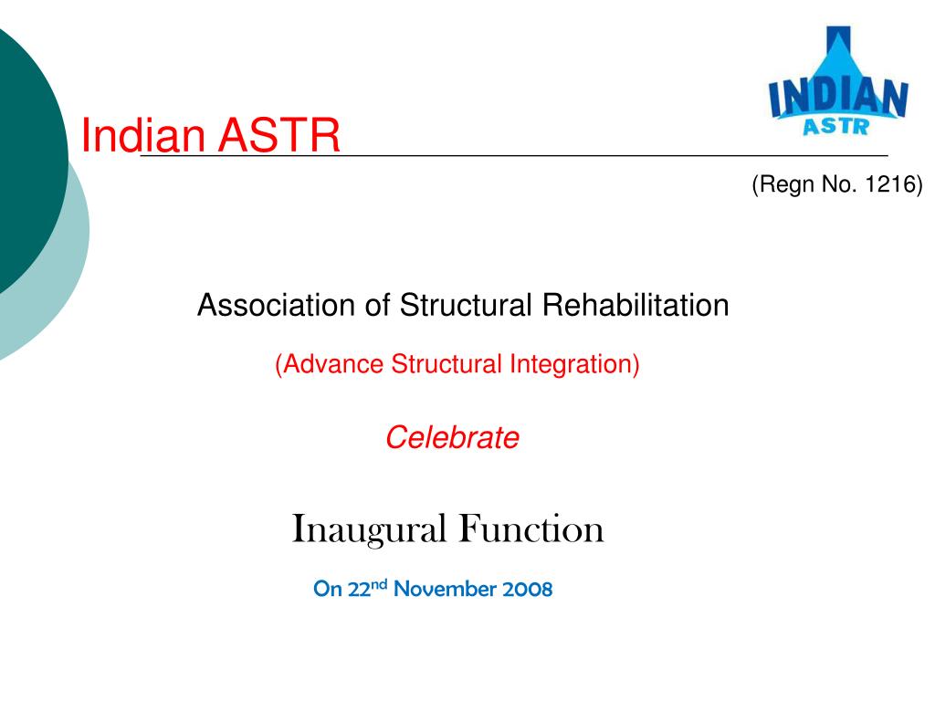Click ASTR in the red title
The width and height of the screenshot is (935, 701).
pyautogui.click(x=278, y=137)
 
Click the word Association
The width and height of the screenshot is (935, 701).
pyautogui.click(x=278, y=305)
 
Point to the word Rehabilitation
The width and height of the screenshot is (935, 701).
pyautogui.click(x=636, y=305)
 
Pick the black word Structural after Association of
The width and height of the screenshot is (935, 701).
pyautogui.click(x=467, y=305)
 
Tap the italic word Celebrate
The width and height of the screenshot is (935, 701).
pyautogui.click(x=452, y=438)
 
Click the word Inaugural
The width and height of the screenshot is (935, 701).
pyautogui.click(x=370, y=529)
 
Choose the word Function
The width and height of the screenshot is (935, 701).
pyautogui.click(x=531, y=529)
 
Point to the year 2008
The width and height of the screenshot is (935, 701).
pyautogui.click(x=527, y=589)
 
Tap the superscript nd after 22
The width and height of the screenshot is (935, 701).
pyautogui.click(x=379, y=583)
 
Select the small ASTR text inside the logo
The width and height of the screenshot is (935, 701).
pyautogui.click(x=835, y=126)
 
